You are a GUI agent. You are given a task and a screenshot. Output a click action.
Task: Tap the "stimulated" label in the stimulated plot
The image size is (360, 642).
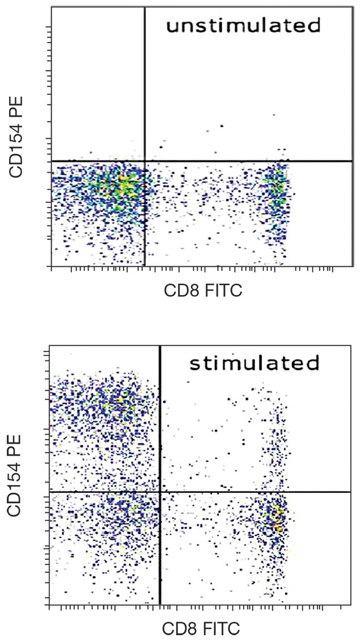(255, 363)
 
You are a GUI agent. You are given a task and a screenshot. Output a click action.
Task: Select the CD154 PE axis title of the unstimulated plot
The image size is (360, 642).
(17, 135)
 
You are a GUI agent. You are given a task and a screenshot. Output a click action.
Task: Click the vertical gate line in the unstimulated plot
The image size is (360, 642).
(145, 85)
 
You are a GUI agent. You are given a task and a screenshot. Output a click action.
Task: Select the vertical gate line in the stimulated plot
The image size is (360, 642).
(160, 425)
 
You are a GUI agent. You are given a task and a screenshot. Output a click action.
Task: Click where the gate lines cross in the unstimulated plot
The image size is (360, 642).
(145, 161)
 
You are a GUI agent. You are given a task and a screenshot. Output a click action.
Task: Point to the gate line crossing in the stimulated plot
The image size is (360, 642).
(160, 492)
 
